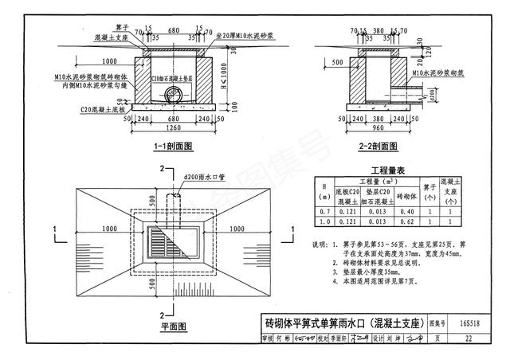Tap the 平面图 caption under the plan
pyautogui.click(x=171, y=327)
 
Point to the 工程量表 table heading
pyautogui.click(x=388, y=171)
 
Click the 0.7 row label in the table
pyautogui.click(x=324, y=212)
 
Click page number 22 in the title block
pyautogui.click(x=474, y=338)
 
